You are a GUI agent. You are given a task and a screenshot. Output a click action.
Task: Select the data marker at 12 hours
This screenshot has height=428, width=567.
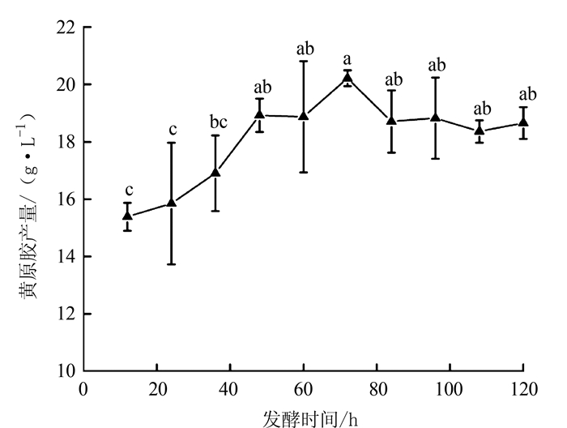pyautogui.click(x=128, y=215)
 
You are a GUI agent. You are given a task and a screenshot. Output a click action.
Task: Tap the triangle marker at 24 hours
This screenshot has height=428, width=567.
pyautogui.click(x=172, y=202)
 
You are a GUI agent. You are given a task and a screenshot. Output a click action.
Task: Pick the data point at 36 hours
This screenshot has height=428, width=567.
pyautogui.click(x=215, y=172)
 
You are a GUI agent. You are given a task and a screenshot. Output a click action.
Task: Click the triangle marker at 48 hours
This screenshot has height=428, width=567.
pyautogui.click(x=260, y=114)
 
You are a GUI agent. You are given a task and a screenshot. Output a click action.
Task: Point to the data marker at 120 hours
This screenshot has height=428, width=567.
pyautogui.click(x=523, y=122)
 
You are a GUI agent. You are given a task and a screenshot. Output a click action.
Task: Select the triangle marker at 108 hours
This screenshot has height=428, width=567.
pyautogui.click(x=480, y=130)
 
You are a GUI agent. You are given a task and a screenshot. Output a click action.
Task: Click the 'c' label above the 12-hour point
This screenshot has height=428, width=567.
pyautogui.click(x=128, y=190)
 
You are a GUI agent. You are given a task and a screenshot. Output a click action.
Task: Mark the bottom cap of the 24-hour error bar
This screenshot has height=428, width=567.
pyautogui.click(x=172, y=264)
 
